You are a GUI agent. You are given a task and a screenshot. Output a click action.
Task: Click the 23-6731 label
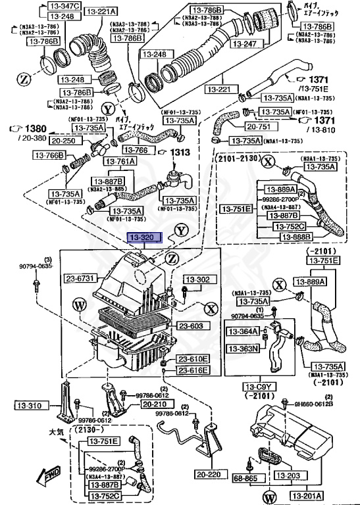81,278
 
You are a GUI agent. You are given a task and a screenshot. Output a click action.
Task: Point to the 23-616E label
193,371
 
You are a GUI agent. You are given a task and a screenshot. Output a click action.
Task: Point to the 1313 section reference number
180,153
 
